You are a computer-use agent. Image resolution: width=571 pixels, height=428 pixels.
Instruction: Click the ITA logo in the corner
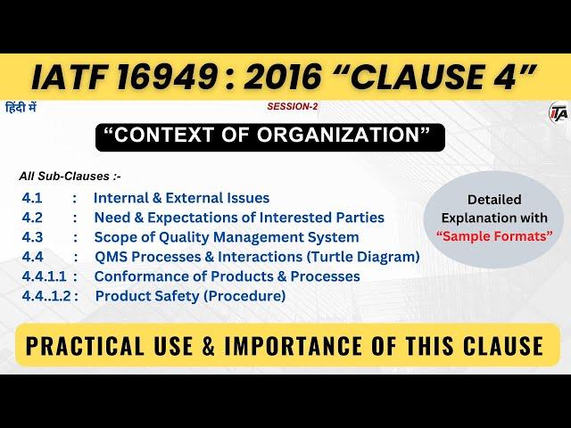coord(559,112)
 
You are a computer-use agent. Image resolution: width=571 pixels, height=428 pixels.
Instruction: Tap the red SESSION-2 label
coord(293,106)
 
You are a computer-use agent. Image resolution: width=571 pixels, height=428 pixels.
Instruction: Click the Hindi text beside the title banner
coord(21,108)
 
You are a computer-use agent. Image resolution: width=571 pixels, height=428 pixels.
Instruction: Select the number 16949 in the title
coord(167,78)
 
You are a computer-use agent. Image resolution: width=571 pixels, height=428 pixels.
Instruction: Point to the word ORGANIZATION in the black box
coord(339,135)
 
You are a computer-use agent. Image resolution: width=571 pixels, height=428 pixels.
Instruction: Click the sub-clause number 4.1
coord(32,198)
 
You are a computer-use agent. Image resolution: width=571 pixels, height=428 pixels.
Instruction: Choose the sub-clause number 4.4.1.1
coord(44,276)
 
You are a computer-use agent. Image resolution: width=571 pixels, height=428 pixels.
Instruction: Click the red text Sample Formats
coord(494,236)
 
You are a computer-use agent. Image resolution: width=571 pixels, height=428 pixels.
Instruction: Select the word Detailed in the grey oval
coord(494,200)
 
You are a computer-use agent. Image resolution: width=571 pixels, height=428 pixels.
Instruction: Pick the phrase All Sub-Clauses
coord(64,177)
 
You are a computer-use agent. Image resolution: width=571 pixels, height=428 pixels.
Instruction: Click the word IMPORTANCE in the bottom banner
coord(293,345)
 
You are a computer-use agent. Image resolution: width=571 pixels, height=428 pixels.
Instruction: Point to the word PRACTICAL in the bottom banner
coord(85,345)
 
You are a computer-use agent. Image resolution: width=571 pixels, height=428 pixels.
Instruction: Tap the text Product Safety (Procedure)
coord(190,296)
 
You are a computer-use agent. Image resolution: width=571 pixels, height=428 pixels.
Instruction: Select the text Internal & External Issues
coord(182,198)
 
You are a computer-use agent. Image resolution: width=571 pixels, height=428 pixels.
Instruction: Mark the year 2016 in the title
coord(283,78)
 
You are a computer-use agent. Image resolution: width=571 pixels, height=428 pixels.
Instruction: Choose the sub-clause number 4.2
coord(32,218)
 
